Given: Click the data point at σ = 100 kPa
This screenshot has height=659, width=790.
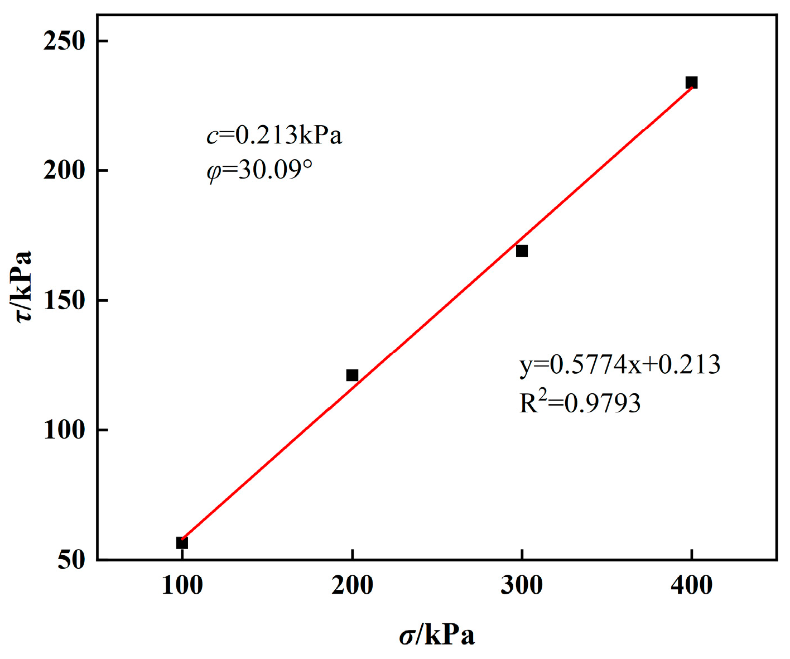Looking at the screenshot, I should click(x=182, y=542).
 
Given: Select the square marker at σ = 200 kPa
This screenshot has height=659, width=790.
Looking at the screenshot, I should click(x=352, y=375).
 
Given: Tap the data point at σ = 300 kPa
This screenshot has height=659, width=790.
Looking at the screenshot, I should click(x=522, y=251).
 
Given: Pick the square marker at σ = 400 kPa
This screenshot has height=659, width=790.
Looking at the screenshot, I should click(x=691, y=83).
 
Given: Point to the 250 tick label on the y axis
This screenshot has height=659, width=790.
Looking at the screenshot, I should click(x=64, y=41).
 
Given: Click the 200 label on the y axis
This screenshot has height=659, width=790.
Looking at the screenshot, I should click(x=64, y=170).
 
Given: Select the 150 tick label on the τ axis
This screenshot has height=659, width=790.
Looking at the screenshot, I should click(x=64, y=300).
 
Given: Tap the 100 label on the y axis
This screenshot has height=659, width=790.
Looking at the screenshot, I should click(x=64, y=430).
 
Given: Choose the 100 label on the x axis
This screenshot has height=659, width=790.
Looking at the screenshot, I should click(x=182, y=586).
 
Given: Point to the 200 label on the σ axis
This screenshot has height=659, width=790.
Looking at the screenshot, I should click(x=352, y=586).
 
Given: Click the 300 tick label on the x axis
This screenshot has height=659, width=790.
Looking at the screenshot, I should click(x=522, y=586).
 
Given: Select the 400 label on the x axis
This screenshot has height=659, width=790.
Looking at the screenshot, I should click(x=691, y=586).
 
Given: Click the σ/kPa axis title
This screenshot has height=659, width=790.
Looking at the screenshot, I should click(x=437, y=636).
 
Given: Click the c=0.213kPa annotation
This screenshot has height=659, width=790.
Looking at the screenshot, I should click(x=274, y=136).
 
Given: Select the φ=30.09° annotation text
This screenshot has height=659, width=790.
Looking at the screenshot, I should click(x=259, y=170).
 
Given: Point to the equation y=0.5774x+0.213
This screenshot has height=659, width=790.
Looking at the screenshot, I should click(x=620, y=364).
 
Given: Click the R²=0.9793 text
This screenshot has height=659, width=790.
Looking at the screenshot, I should click(x=580, y=402).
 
